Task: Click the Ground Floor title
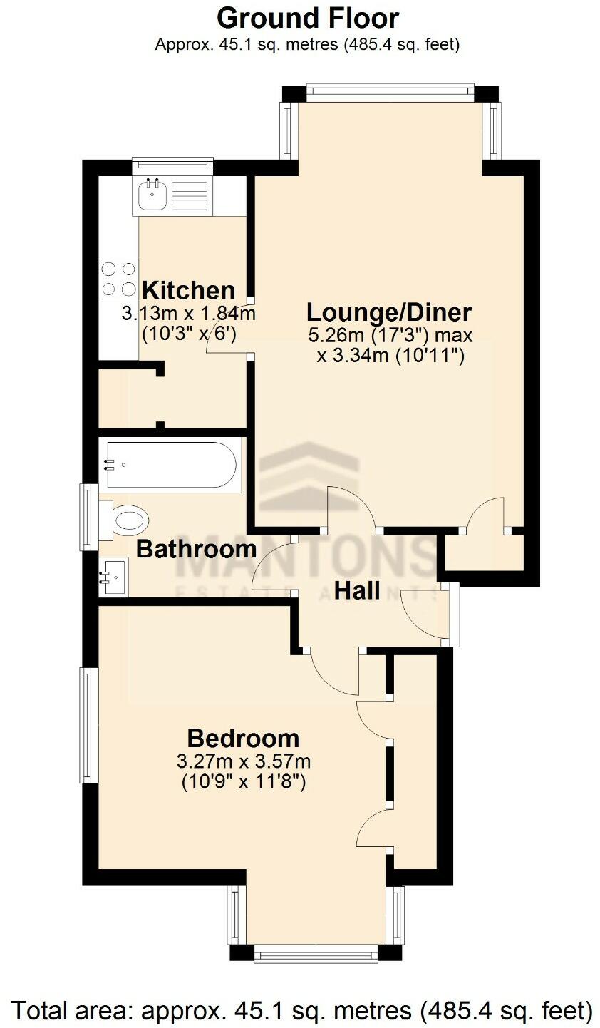[307, 17]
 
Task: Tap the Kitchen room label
[188, 290]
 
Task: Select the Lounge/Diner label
[389, 312]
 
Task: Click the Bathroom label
[196, 549]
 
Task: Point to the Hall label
[357, 590]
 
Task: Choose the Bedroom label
[243, 737]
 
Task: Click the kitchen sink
[152, 195]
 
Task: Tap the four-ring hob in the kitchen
[119, 279]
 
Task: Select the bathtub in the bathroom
[171, 465]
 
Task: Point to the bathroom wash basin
[114, 577]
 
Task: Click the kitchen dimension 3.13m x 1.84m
[188, 313]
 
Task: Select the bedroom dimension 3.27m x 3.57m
[243, 761]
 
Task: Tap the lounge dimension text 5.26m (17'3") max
[390, 334]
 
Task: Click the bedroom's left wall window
[88, 725]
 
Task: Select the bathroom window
[88, 517]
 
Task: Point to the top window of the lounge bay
[390, 88]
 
